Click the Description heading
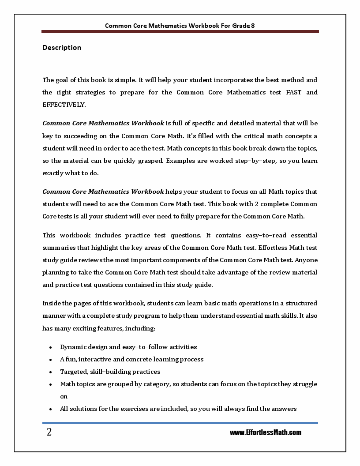(x=62, y=48)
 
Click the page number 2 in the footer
(x=49, y=432)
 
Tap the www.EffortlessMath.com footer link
(x=265, y=432)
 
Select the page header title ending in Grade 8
(x=180, y=26)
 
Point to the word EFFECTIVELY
(x=64, y=105)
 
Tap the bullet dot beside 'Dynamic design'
(x=51, y=347)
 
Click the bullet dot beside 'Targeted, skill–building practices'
(x=51, y=372)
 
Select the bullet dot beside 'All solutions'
(x=51, y=409)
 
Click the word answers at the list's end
(x=285, y=409)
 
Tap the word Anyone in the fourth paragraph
(x=307, y=260)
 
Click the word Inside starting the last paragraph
(x=51, y=303)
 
